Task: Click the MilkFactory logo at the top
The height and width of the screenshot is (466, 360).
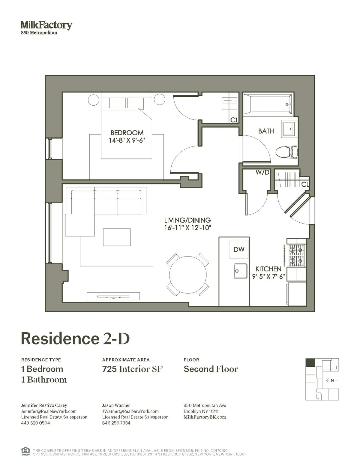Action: (x=46, y=26)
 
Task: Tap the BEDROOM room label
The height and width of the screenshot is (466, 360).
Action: (x=127, y=133)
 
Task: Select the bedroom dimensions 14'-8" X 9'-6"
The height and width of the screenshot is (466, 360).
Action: (x=127, y=140)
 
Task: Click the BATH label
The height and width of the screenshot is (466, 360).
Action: (x=266, y=131)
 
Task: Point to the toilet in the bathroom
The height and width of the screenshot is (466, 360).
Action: (x=286, y=152)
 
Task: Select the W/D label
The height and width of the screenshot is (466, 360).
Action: (x=262, y=173)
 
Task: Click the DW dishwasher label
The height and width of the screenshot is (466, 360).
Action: (x=239, y=249)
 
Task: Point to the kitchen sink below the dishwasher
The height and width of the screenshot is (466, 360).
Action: (x=240, y=271)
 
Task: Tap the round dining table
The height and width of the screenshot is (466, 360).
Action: (x=188, y=275)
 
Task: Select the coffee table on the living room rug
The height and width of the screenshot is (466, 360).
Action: (x=117, y=237)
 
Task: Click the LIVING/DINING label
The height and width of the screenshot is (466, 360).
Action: (x=187, y=220)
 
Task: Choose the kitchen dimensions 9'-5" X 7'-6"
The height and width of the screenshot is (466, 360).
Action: (x=268, y=276)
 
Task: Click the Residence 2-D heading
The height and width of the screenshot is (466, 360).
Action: (x=75, y=339)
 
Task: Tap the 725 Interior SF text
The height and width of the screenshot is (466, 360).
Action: (x=132, y=369)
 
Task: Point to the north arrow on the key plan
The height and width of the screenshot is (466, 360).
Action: (x=331, y=380)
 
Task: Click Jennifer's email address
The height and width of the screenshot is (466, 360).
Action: (x=49, y=411)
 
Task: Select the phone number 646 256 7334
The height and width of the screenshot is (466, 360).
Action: (x=116, y=423)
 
